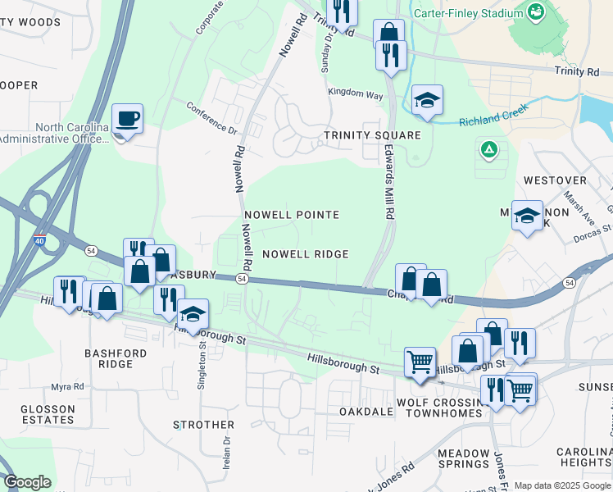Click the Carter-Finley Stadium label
click(480, 13)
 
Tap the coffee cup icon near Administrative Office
click(128, 119)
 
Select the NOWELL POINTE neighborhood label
click(291, 215)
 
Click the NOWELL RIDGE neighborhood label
click(306, 254)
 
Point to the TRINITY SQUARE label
click(372, 135)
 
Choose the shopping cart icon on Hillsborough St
click(420, 362)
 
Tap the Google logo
click(27, 482)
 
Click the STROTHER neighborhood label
click(204, 425)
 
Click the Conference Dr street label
click(211, 117)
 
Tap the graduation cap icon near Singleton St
click(193, 313)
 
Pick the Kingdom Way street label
click(356, 94)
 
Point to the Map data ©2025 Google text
click(562, 485)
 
